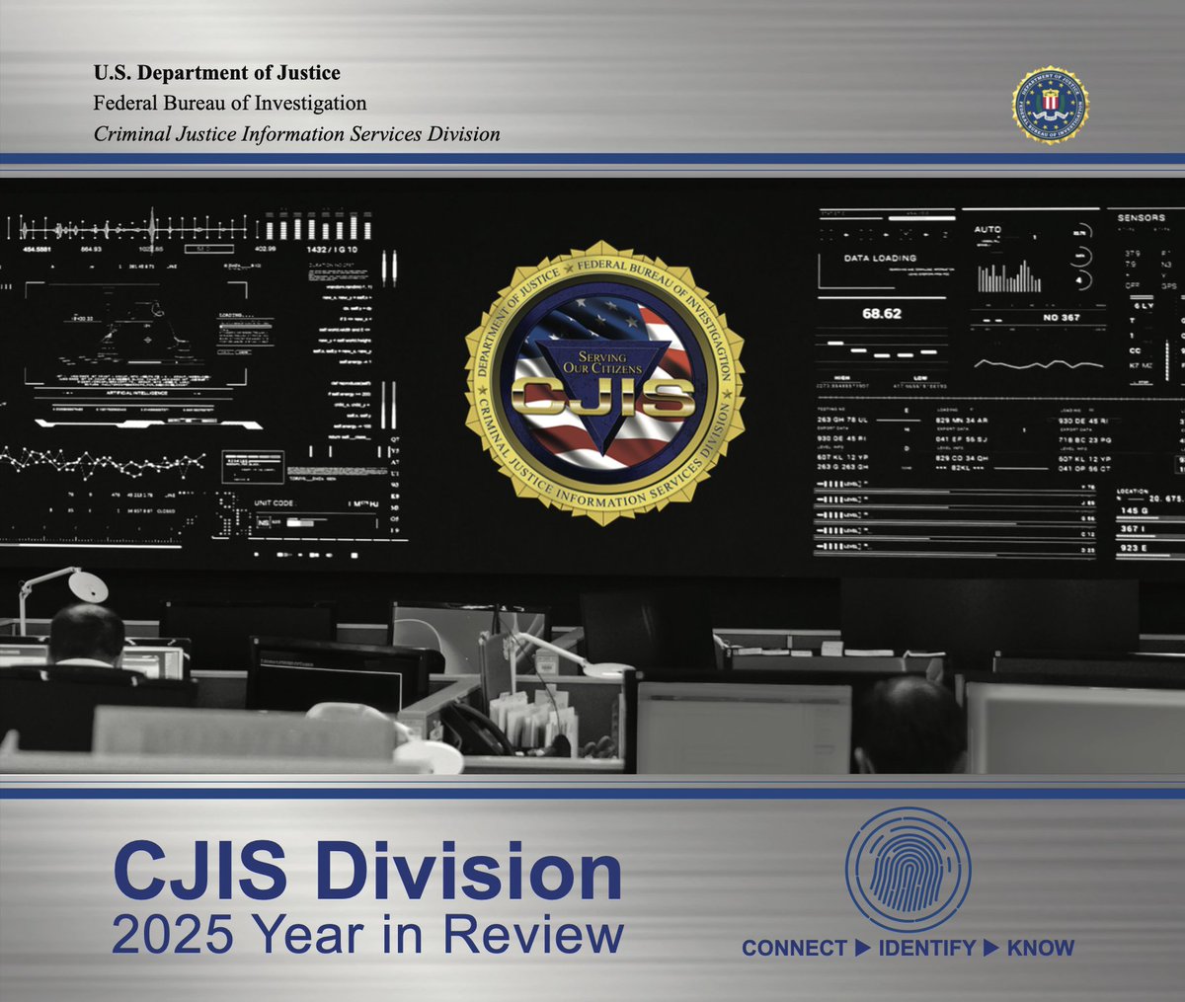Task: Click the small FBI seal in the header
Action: point(1051,105)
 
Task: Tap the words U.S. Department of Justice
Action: point(216,72)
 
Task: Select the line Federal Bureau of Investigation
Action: point(229,103)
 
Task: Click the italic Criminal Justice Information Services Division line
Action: point(296,133)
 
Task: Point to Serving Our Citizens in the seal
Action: point(602,361)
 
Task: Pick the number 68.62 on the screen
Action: point(882,314)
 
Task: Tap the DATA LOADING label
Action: point(880,258)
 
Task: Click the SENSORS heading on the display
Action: point(1141,217)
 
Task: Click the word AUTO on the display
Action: point(987,229)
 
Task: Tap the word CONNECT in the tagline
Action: point(794,949)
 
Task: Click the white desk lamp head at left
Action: point(89,586)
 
